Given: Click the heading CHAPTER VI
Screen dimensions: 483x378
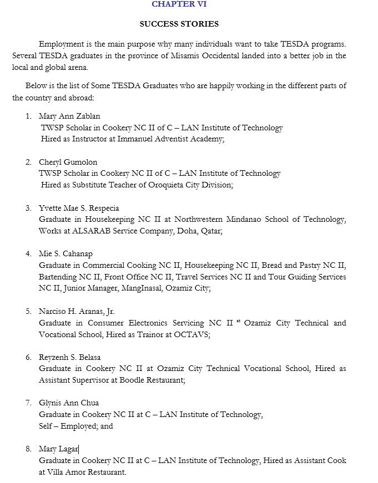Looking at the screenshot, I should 179,4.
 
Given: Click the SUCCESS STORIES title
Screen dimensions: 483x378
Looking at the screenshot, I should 179,24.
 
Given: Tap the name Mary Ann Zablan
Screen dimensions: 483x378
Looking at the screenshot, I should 69,116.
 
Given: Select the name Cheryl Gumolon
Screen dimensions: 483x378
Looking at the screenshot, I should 68,162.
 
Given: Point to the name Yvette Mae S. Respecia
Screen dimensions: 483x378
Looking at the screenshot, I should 79,209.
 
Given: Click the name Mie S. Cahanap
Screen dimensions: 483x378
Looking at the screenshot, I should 65,254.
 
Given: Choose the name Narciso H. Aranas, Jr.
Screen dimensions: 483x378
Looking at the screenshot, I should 77,312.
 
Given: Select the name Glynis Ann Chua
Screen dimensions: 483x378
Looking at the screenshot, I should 69,403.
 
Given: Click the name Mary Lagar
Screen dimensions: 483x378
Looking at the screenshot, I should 58,449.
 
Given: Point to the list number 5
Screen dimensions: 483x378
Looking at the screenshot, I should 28,312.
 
